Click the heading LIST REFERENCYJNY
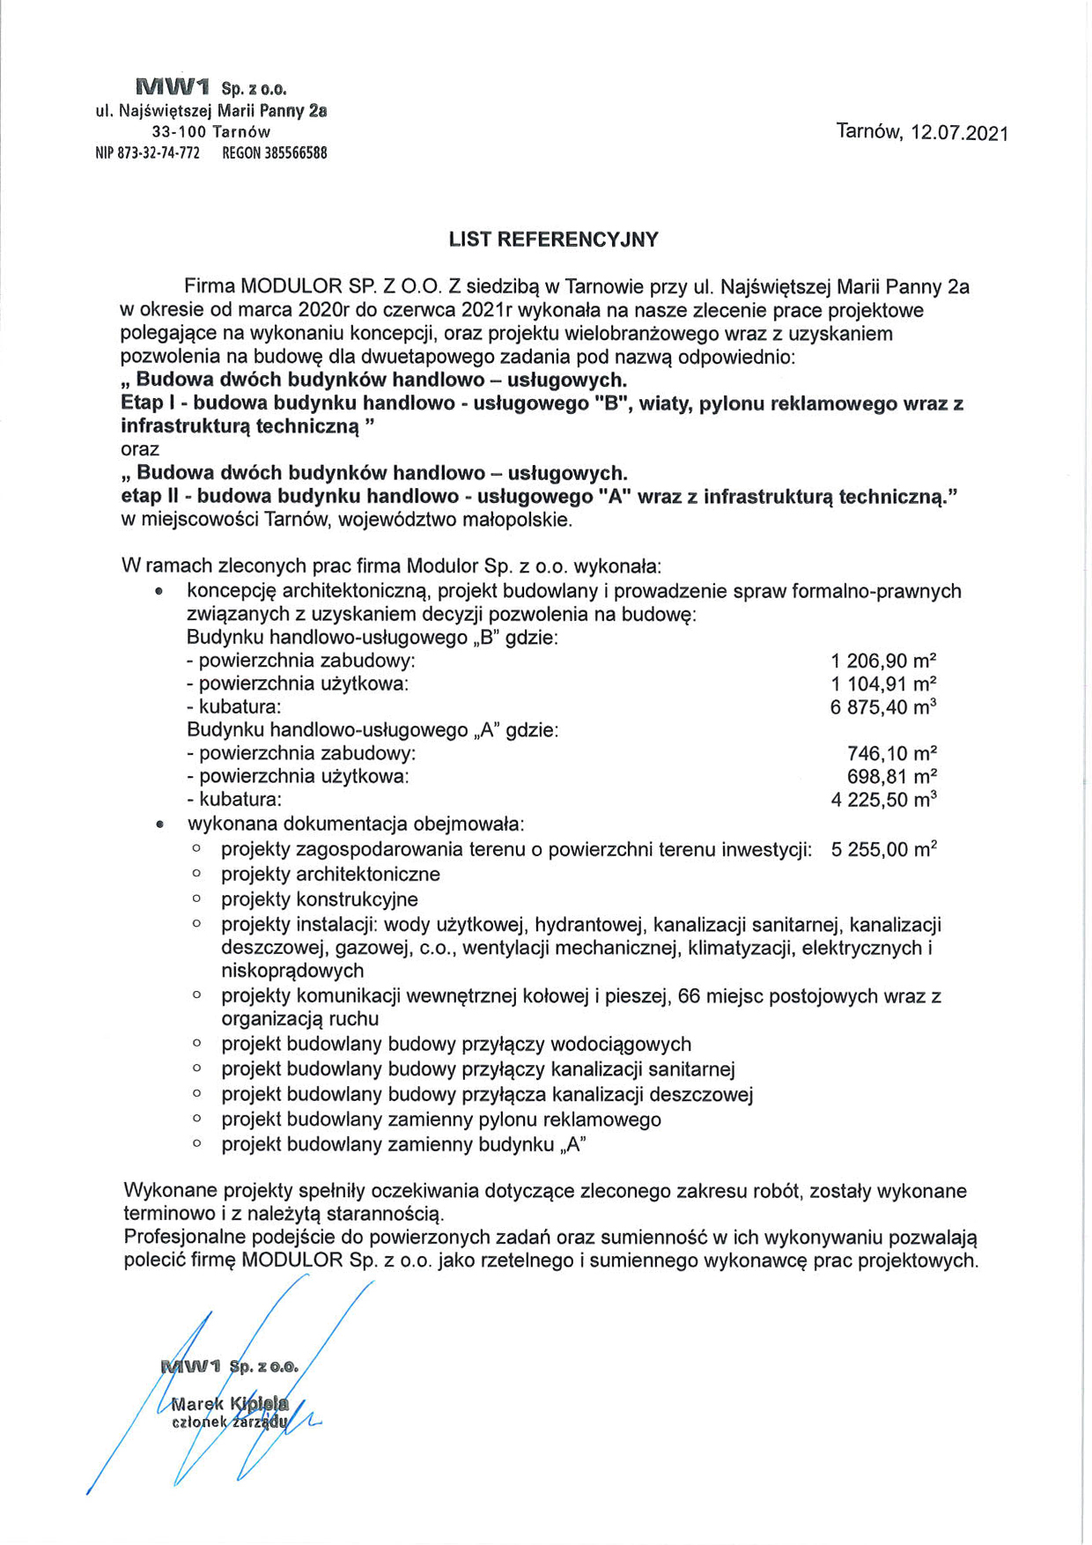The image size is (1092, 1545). tap(553, 240)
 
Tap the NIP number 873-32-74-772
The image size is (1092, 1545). tap(158, 153)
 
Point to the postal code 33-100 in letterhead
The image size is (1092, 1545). tap(179, 132)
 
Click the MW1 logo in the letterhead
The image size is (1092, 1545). tap(173, 87)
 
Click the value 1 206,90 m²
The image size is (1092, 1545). tap(882, 661)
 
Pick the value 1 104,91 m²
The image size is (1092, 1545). tap(882, 684)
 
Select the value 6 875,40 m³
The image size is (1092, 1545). tap(882, 706)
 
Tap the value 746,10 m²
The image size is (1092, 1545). tap(891, 753)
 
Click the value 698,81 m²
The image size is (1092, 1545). tap(891, 776)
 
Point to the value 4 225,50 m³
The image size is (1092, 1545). tap(882, 800)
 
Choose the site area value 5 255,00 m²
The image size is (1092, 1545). tap(883, 850)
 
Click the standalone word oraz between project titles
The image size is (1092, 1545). tap(140, 450)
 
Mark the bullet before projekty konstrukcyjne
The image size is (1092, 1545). tap(196, 899)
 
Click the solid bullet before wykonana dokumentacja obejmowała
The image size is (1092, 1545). tap(159, 825)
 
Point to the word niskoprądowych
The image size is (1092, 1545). tap(292, 971)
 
